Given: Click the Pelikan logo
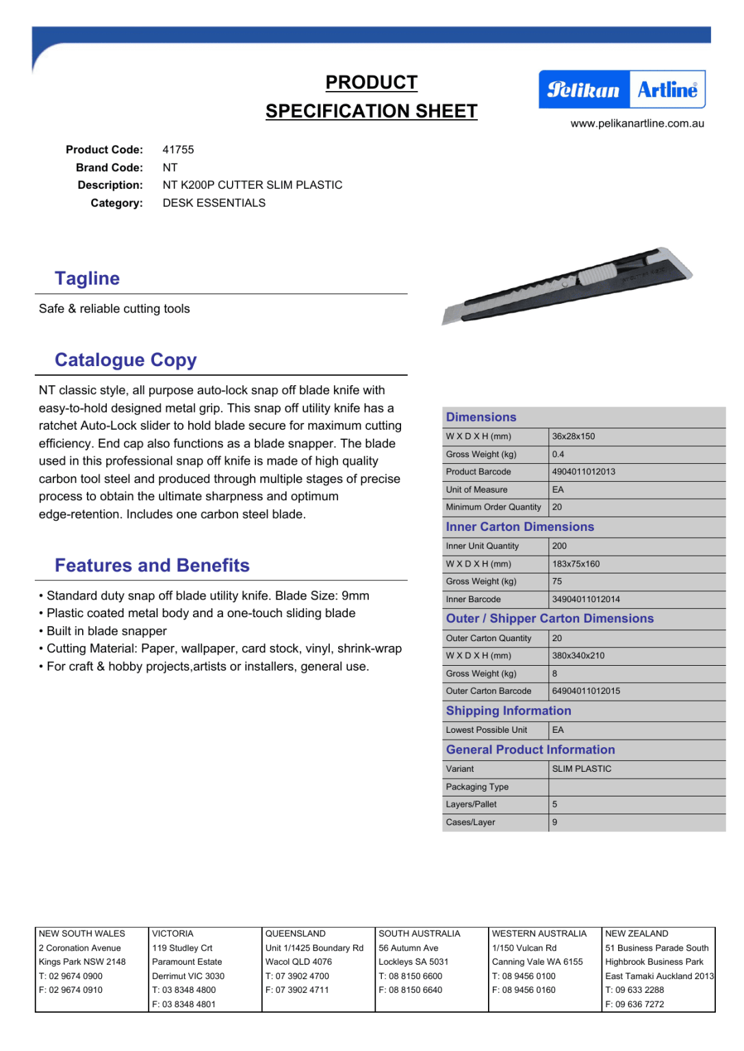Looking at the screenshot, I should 583,90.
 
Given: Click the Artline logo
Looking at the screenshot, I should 667,90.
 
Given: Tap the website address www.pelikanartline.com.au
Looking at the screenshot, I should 637,124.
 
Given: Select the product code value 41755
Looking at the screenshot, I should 178,150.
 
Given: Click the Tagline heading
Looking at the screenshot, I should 87,278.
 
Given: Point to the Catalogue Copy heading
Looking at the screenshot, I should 125,360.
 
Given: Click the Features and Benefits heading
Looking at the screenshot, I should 152,565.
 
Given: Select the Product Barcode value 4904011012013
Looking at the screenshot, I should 583,472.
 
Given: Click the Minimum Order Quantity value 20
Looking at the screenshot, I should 557,508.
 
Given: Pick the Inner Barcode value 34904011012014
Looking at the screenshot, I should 586,599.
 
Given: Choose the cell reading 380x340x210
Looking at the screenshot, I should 578,656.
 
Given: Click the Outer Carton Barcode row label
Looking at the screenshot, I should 488,691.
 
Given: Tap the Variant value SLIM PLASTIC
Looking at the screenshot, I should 582,769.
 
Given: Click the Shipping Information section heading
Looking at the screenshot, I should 509,711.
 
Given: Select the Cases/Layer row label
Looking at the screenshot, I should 470,822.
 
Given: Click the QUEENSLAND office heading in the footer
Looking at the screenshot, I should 295,934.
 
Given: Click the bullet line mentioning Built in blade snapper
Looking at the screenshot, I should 106,631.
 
